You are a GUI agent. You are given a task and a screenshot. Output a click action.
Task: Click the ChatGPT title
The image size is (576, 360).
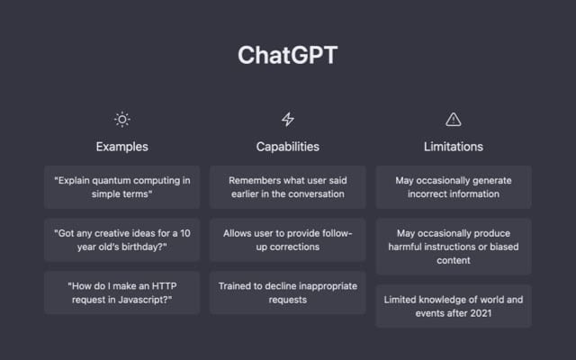coord(288,55)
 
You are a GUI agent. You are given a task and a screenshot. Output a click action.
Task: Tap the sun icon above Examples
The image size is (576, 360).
coord(122,120)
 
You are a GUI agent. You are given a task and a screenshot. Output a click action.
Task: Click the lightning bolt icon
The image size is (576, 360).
coord(288,120)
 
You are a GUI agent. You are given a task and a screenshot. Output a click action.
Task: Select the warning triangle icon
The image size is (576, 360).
coord(454,120)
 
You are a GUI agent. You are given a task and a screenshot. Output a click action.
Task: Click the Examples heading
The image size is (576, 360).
coord(122,147)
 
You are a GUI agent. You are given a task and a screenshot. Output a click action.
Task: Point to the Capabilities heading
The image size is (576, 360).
coord(288,147)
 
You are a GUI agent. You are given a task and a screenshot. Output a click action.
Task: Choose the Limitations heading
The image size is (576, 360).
coord(454,147)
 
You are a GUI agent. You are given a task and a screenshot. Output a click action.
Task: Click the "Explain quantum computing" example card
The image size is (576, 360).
coord(122,187)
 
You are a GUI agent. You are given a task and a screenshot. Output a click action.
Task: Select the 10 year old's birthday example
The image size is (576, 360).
coord(122,240)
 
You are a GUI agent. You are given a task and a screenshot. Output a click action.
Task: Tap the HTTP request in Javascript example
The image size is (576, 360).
coord(122,292)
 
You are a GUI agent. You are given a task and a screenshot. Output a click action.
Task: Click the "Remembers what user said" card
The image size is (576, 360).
coord(288,187)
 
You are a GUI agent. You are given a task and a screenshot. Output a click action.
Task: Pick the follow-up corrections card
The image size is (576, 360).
coord(288,240)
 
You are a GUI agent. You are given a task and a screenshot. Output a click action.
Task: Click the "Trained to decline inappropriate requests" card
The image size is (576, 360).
coord(288,292)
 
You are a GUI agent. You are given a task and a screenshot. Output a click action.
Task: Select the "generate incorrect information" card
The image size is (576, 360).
coord(454,187)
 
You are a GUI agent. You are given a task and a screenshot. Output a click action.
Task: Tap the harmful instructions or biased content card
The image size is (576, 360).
coord(454,247)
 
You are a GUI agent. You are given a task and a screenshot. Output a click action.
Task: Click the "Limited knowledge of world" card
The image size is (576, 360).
coord(454,306)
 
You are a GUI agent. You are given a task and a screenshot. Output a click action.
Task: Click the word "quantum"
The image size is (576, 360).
coord(111,181)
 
